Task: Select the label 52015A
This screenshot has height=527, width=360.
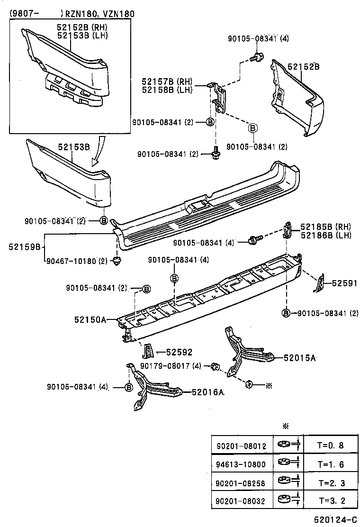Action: pos(299,358)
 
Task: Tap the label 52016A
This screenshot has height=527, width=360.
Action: pos(208,392)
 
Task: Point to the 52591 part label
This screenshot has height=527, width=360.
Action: pos(344,283)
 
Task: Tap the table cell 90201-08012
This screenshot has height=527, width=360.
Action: pos(242,446)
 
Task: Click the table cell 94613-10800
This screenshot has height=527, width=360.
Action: pos(242,464)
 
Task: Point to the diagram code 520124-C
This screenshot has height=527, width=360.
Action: pos(334,520)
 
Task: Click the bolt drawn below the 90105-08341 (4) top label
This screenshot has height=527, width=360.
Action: pos(257,57)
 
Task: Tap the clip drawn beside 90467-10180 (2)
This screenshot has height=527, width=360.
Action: pos(117,260)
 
